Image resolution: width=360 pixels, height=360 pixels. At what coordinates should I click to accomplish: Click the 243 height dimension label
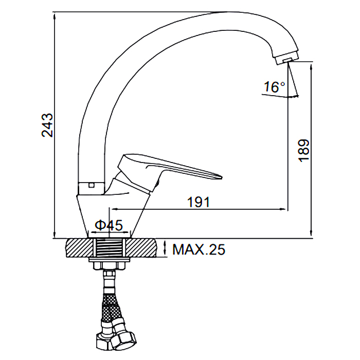[x=47, y=125]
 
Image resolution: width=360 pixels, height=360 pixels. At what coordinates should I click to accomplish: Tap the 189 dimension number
[x=304, y=151]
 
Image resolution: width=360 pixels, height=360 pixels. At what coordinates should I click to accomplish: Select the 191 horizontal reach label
[x=199, y=202]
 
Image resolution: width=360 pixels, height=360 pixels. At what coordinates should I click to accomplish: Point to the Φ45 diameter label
[x=109, y=225]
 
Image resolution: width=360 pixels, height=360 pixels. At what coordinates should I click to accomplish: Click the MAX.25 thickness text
[x=199, y=249]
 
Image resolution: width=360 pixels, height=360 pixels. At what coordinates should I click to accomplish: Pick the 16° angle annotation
[x=274, y=87]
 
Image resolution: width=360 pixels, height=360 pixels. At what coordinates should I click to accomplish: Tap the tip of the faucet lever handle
[x=222, y=177]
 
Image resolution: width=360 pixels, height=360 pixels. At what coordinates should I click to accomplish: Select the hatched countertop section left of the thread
[x=80, y=248]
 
